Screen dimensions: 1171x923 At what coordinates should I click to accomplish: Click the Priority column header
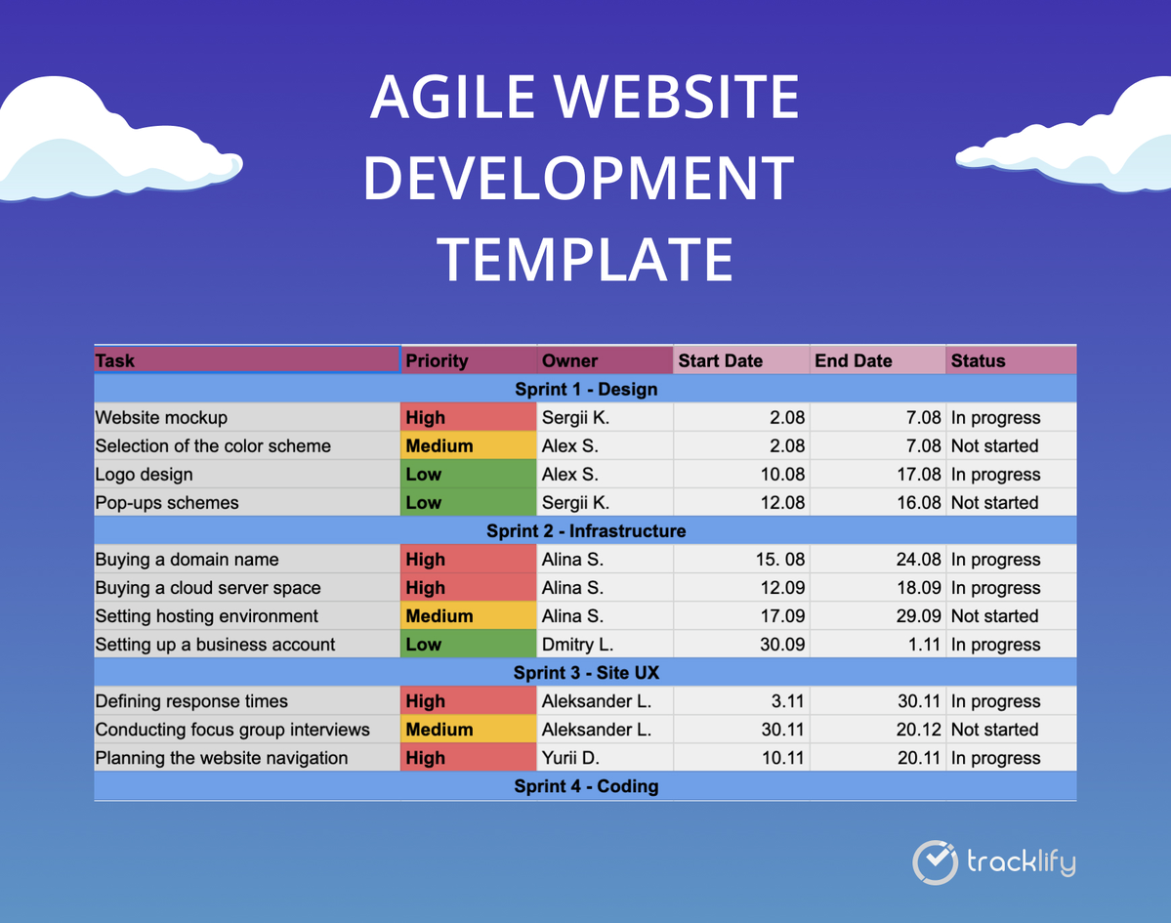pos(437,360)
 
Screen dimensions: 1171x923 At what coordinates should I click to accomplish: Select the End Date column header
pos(853,360)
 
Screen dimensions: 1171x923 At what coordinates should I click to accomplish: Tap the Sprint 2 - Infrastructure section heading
pos(586,531)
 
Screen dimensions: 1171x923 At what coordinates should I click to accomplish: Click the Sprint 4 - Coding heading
pos(586,786)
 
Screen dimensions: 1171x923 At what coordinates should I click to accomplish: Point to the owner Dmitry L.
pos(577,645)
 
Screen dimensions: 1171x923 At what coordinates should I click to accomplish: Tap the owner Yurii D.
pos(570,758)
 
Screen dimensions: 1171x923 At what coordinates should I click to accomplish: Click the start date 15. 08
pos(779,560)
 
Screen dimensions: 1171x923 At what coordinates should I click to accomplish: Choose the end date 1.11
pos(924,645)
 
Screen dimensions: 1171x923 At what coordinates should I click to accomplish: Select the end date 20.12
pos(919,730)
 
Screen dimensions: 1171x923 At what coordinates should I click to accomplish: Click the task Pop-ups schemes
pos(167,503)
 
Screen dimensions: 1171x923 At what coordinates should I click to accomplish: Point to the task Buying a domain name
pos(187,560)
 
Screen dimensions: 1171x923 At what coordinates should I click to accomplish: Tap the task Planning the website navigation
pos(221,758)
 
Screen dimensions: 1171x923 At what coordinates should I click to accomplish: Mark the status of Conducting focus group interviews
pos(995,730)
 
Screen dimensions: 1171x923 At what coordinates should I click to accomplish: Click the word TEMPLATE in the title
pos(585,259)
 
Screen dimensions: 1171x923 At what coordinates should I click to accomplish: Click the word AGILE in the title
pos(452,97)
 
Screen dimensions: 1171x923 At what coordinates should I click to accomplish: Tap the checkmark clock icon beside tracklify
pos(935,862)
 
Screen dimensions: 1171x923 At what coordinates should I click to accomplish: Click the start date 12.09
pos(782,588)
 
